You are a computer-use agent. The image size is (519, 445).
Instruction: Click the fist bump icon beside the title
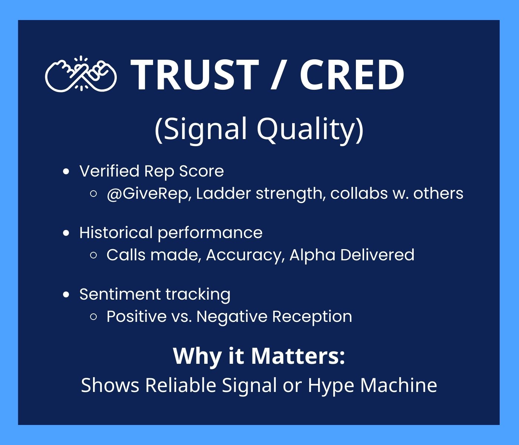point(81,74)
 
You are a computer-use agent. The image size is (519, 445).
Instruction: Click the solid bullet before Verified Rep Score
point(66,172)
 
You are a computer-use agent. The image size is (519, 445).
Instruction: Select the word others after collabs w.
point(438,193)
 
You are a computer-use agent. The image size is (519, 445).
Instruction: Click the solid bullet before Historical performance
point(66,233)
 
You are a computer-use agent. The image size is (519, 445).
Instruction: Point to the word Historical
point(116,232)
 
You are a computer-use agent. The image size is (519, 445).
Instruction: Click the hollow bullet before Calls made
point(93,256)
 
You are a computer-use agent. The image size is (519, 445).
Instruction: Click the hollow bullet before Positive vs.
point(93,317)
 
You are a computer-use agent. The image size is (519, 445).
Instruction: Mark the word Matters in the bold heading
point(298,356)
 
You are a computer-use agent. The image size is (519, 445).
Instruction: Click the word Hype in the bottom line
point(331,386)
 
